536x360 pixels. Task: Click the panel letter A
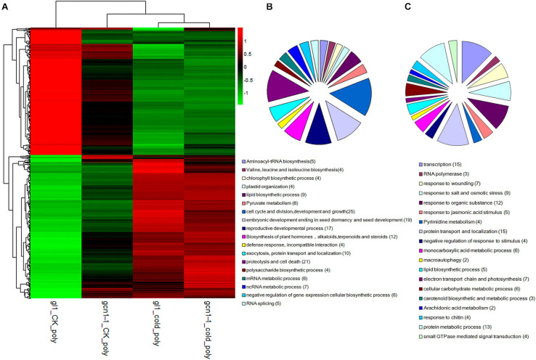[x=7, y=6]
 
